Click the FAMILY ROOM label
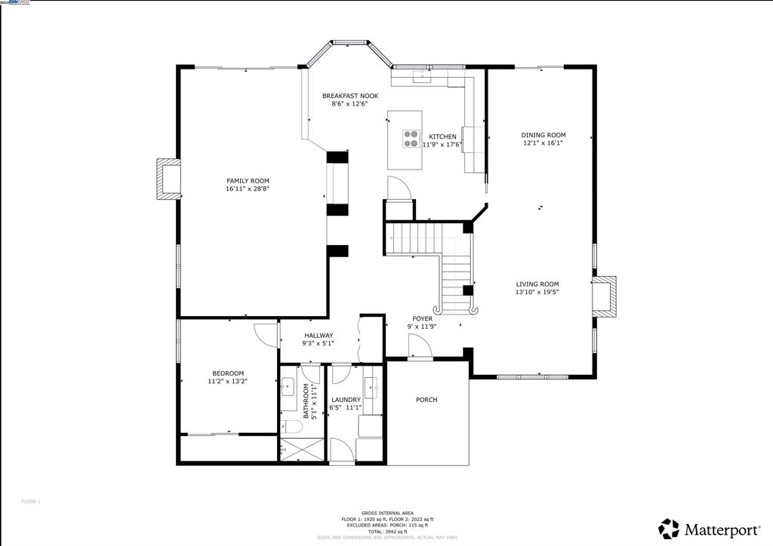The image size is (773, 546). [248, 180]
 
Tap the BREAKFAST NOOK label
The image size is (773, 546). [350, 96]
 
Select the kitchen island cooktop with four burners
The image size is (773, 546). [411, 139]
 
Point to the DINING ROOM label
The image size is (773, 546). [543, 134]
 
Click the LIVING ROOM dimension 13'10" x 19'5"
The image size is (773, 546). [537, 292]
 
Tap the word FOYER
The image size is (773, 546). [422, 318]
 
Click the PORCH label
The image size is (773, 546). [427, 400]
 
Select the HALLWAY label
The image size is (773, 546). [319, 336]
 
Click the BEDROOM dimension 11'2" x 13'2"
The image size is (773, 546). [227, 382]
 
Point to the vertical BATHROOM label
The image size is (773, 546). [306, 400]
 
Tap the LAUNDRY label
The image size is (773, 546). [346, 400]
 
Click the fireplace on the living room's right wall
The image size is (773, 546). [604, 296]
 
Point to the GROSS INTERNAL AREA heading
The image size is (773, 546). [387, 513]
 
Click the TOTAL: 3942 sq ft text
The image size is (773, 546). [387, 531]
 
